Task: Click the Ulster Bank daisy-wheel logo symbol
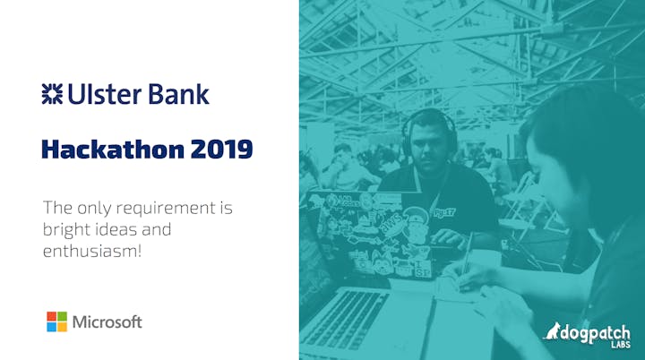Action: pyautogui.click(x=52, y=94)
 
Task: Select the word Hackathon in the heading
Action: pyautogui.click(x=113, y=149)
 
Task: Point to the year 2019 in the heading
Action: pyautogui.click(x=222, y=150)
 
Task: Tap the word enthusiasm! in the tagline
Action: pyautogui.click(x=92, y=251)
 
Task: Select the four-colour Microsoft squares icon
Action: pyautogui.click(x=56, y=321)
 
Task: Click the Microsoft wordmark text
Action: pyautogui.click(x=107, y=321)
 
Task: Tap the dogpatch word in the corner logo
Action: pyautogui.click(x=595, y=334)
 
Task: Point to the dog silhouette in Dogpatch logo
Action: pyautogui.click(x=551, y=330)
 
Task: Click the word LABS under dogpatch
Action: pyautogui.click(x=621, y=345)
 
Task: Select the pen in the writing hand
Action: pyautogui.click(x=468, y=255)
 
